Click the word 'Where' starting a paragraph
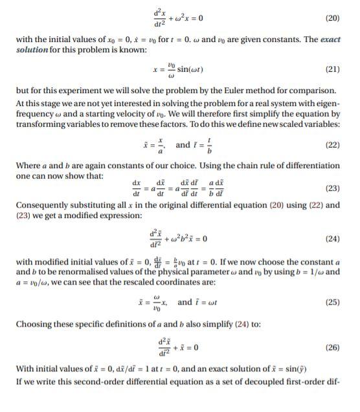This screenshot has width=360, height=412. [27, 166]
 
